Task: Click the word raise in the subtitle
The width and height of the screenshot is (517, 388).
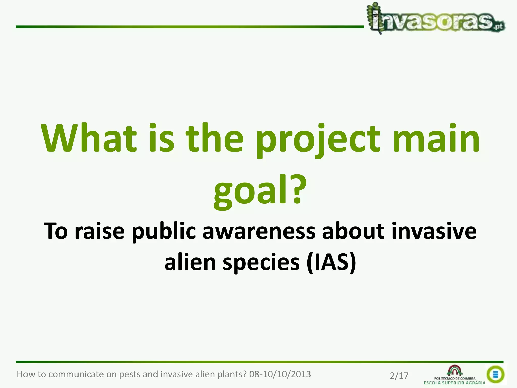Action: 99,231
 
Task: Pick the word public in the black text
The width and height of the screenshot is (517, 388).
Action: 164,231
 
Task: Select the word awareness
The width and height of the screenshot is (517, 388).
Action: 259,231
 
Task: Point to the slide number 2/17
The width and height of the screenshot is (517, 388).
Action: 399,376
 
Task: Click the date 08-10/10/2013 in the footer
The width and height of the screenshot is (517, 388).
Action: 280,374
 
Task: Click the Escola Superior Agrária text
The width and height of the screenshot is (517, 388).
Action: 454,383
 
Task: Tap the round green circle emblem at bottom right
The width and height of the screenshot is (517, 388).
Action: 495,374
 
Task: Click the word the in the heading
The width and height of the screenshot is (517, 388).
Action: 215,138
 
